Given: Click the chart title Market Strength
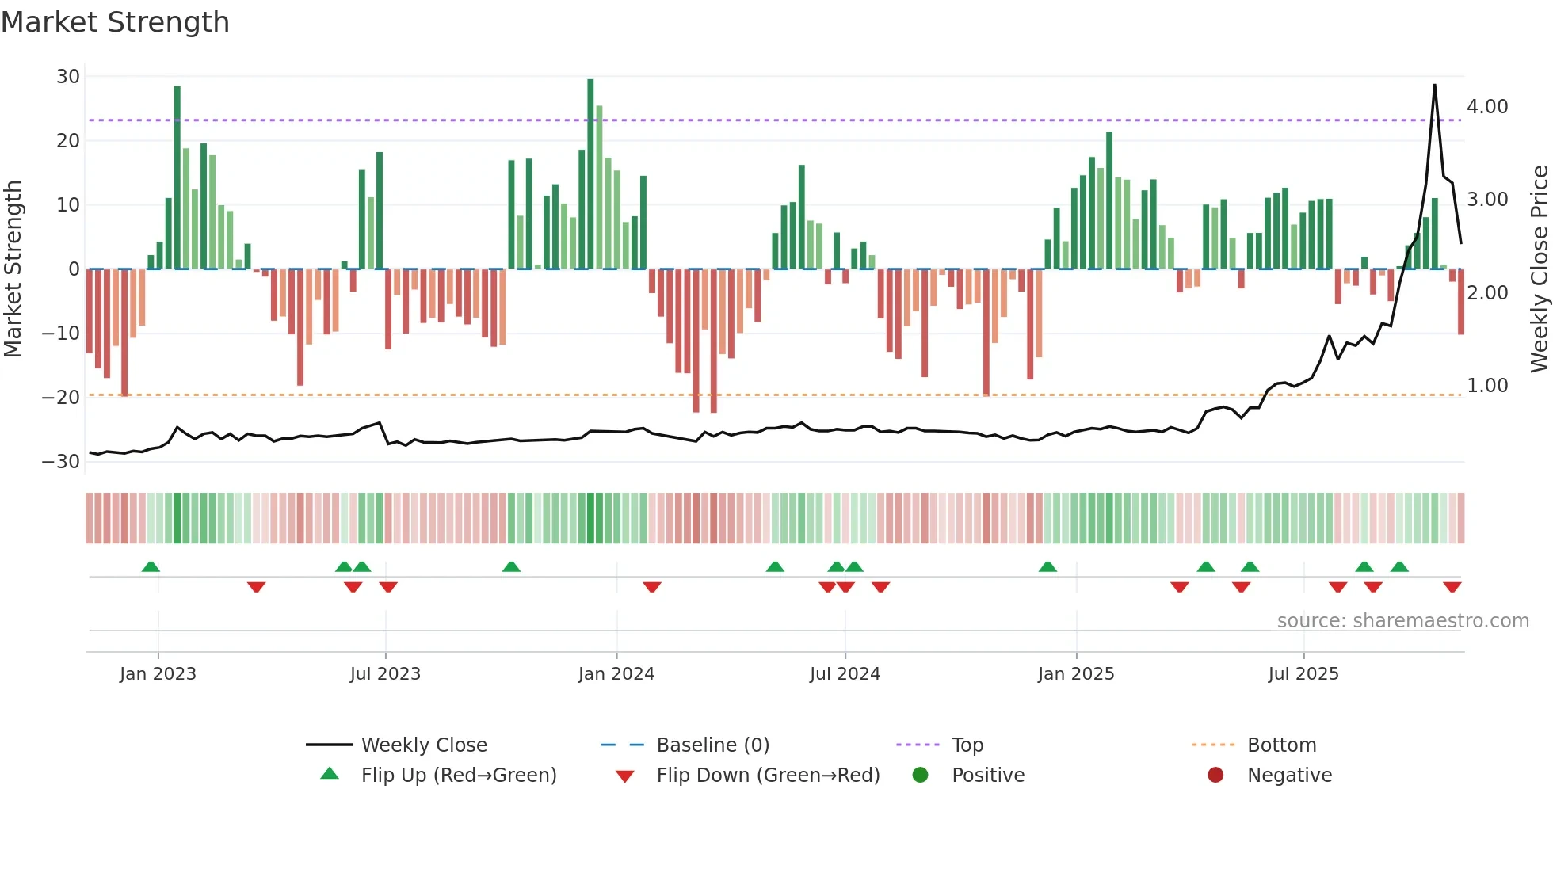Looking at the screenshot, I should (x=115, y=22).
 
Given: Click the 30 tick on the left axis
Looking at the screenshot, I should (x=68, y=77).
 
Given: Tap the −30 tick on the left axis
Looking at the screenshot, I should (x=61, y=462).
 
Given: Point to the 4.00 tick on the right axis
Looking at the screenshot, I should (x=1487, y=107).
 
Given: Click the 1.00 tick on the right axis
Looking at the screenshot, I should (x=1487, y=386).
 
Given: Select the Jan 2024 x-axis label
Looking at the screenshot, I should (x=616, y=674).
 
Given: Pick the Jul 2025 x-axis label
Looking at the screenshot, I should (x=1303, y=674).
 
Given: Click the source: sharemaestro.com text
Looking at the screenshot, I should (x=1402, y=621).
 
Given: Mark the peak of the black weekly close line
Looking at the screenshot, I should (x=1434, y=86).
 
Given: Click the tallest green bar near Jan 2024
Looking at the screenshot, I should (x=590, y=174).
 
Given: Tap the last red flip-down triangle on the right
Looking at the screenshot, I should (x=1452, y=587).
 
